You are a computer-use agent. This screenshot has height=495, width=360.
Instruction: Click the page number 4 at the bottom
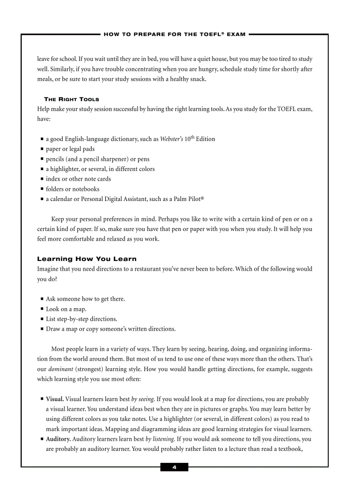coord(174,467)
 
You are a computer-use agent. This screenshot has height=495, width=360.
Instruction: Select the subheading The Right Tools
coord(71,99)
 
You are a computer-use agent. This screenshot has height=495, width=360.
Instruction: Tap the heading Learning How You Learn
coord(87,259)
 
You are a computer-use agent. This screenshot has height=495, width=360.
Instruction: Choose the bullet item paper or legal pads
coord(70,149)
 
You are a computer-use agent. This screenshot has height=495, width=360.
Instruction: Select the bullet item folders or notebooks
coord(72,189)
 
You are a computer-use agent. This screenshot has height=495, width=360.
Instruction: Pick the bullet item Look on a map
coord(66,309)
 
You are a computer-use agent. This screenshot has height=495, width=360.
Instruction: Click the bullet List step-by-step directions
coord(81,319)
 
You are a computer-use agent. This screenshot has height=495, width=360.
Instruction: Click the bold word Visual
coord(55,399)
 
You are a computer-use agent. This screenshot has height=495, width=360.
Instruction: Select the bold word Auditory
coord(58,439)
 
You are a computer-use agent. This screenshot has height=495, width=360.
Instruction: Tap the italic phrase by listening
coord(160,439)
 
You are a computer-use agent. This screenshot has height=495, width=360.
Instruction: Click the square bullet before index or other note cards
coord(41,179)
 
